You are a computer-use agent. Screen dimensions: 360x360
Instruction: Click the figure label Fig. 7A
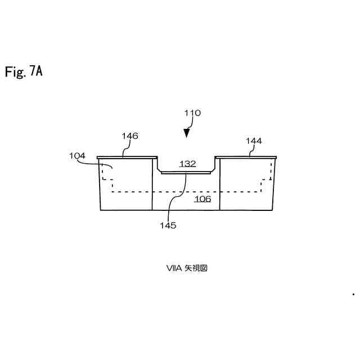[24, 71]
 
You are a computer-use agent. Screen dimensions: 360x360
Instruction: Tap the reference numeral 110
[192, 113]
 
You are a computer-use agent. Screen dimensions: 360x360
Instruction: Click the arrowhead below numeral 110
[187, 133]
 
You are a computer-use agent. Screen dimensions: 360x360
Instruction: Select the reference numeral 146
[130, 136]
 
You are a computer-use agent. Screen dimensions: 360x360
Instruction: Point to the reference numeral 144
[254, 141]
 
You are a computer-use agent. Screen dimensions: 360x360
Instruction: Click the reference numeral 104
[77, 156]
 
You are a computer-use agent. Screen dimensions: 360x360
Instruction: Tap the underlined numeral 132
[187, 164]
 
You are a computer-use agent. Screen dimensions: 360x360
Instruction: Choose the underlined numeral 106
[202, 199]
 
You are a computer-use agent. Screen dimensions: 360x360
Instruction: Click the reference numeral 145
[168, 226]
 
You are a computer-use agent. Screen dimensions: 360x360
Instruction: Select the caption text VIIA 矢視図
[187, 268]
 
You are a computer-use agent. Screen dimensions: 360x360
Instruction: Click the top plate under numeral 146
[126, 157]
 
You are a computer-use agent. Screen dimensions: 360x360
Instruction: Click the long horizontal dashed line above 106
[186, 192]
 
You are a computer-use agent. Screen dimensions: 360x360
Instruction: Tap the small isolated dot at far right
[353, 294]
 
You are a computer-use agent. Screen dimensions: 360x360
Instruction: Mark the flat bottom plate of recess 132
[187, 173]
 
